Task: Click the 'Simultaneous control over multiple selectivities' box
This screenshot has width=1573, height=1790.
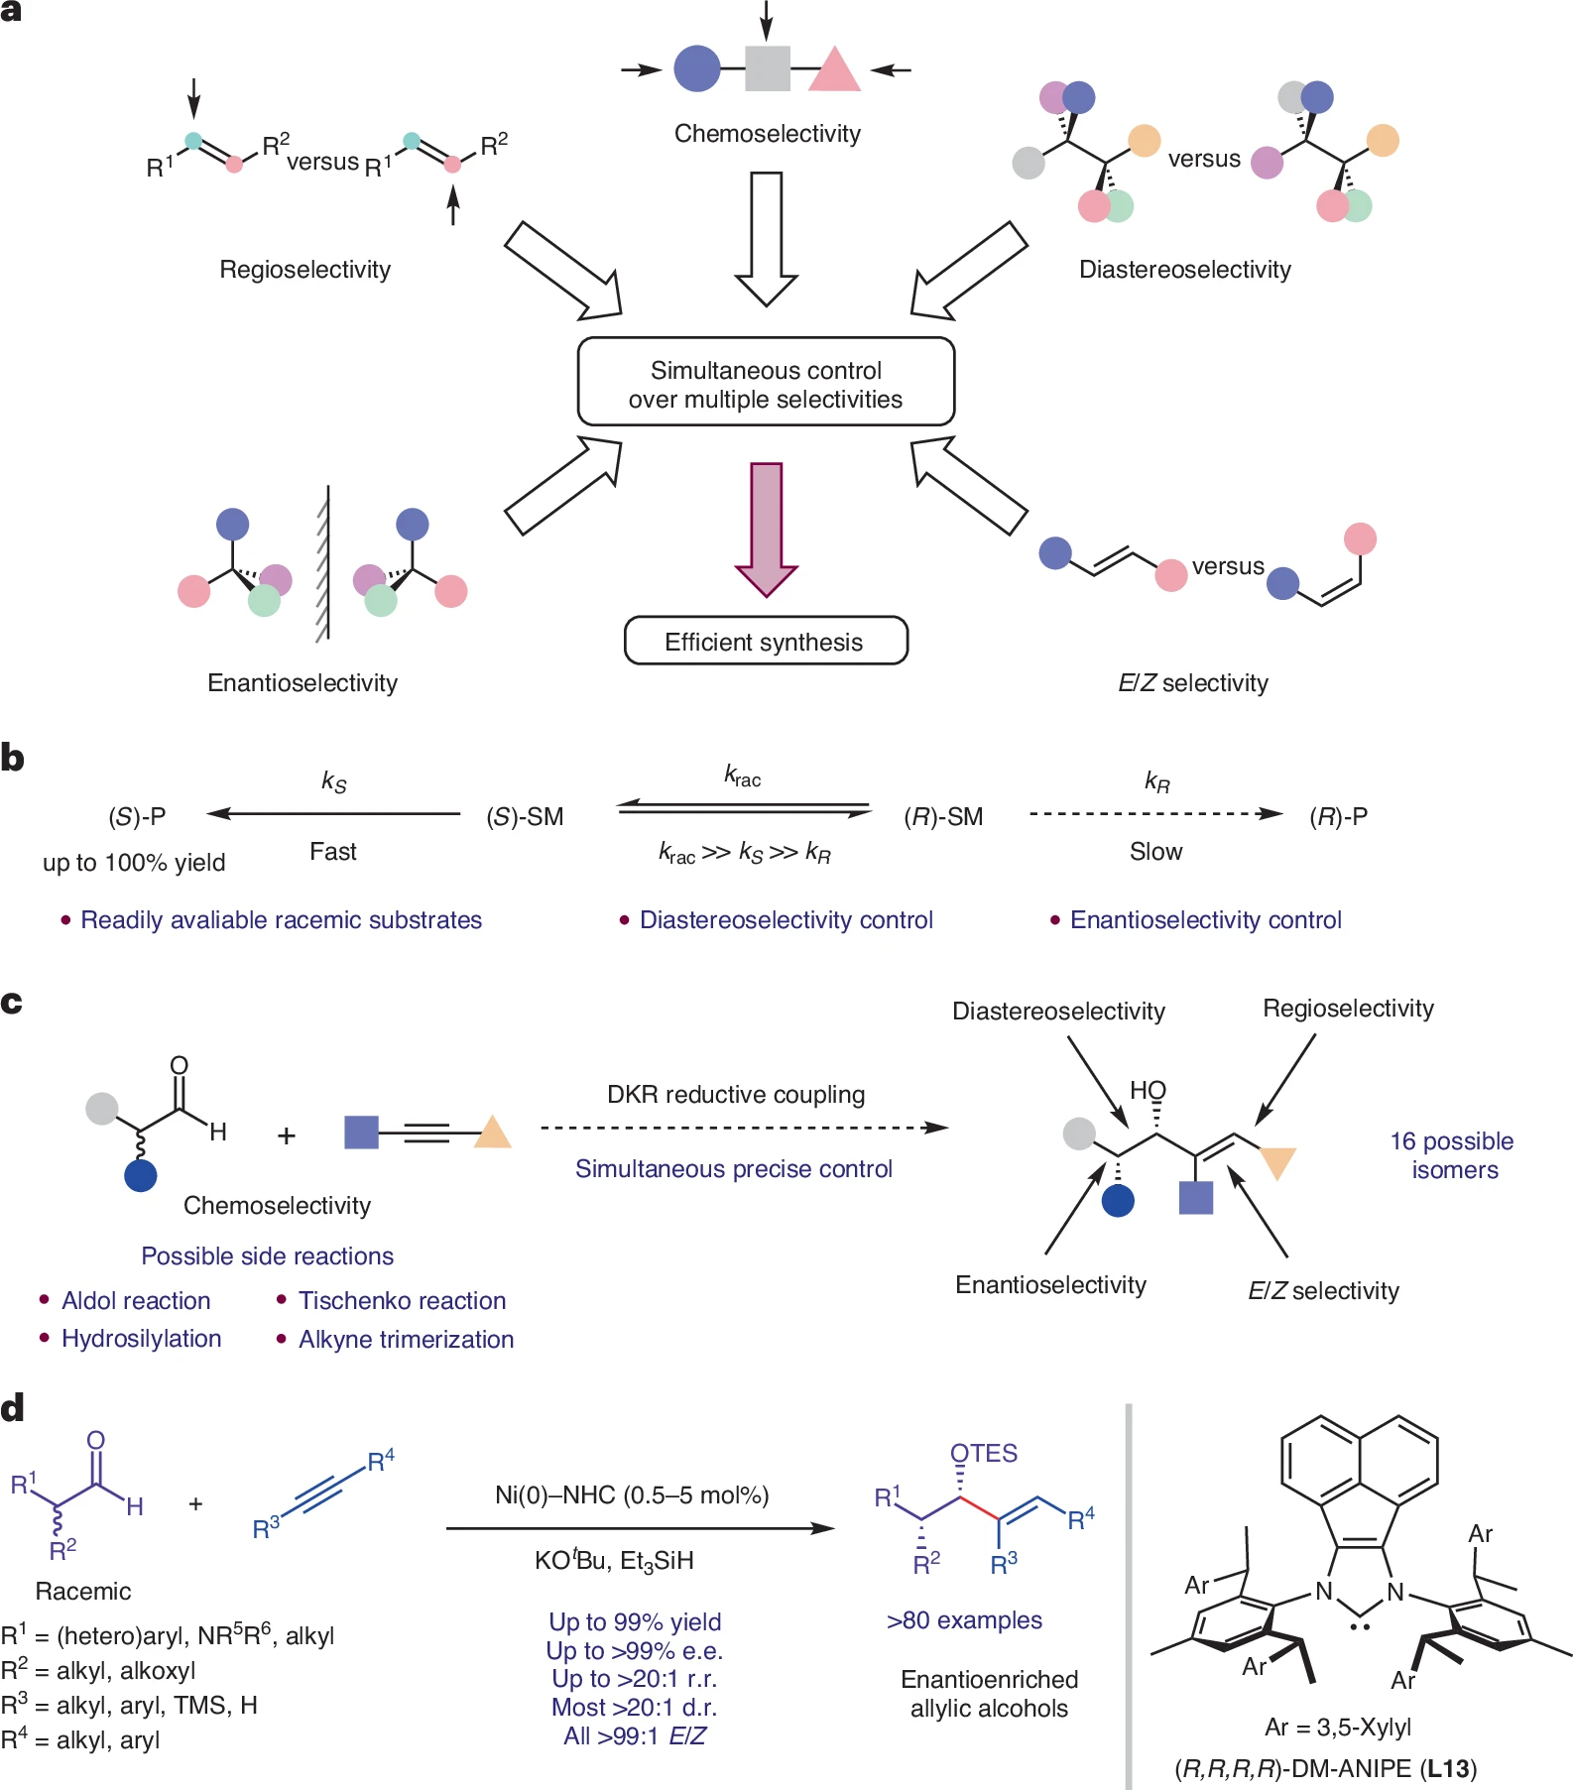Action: point(766,383)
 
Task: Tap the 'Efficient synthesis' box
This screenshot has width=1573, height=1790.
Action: point(766,642)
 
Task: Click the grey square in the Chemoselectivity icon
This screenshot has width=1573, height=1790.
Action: point(767,69)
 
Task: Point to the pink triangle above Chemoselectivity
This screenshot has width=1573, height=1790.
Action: point(834,71)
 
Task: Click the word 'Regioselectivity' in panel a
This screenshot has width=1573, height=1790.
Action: point(304,270)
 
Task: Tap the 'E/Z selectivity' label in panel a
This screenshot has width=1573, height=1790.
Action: point(1192,683)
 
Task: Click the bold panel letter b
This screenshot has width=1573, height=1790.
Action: point(13,759)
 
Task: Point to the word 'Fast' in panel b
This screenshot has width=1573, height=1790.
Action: point(332,852)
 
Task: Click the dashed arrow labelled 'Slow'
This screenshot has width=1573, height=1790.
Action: point(1155,814)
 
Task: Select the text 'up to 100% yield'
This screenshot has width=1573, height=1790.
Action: point(134,863)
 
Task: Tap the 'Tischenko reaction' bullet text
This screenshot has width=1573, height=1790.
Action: point(402,1301)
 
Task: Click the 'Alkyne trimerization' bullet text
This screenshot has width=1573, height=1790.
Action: point(406,1340)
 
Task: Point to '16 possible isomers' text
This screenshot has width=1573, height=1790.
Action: point(1453,1155)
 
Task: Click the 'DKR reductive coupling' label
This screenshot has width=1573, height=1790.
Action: point(735,1095)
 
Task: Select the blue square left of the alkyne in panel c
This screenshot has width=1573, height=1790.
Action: point(361,1132)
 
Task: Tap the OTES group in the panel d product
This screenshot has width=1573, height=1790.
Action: point(983,1454)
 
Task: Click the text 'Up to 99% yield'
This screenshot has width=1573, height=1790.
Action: point(635,1622)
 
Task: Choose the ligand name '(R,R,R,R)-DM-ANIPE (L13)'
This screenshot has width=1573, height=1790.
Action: point(1325,1768)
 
